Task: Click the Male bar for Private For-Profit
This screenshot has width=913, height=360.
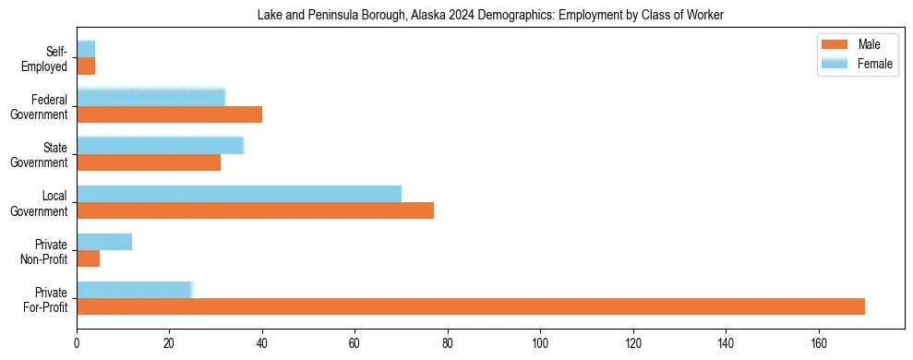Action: pos(471,306)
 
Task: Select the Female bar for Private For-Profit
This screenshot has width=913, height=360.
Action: pos(134,290)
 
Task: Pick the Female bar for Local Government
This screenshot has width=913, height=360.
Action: pos(239,194)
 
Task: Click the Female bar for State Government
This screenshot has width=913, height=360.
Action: pos(160,146)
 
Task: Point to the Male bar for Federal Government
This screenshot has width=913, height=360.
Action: pos(169,114)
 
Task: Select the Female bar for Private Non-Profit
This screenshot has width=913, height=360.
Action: pos(104,242)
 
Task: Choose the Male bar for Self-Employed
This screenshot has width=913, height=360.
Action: pos(86,66)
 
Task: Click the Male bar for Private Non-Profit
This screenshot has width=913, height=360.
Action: pos(88,258)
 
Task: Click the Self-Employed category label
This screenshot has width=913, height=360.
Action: pos(48,59)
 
